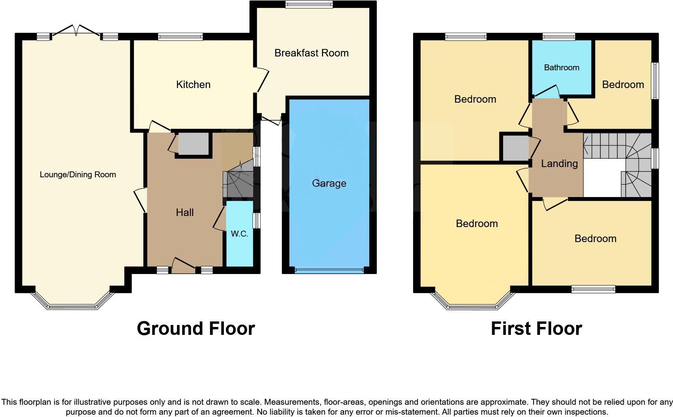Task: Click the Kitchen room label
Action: (193, 85)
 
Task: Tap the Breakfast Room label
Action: (311, 53)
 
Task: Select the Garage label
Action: (329, 183)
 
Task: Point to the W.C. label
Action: (239, 234)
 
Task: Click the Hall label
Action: (184, 212)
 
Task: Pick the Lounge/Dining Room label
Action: (78, 175)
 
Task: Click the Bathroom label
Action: (561, 68)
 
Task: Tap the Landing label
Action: (559, 163)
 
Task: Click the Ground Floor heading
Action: (196, 329)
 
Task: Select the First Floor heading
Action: (536, 329)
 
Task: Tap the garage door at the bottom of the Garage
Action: (329, 270)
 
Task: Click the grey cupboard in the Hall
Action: (193, 144)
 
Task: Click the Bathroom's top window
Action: (558, 37)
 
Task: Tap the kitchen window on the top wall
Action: (180, 37)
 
